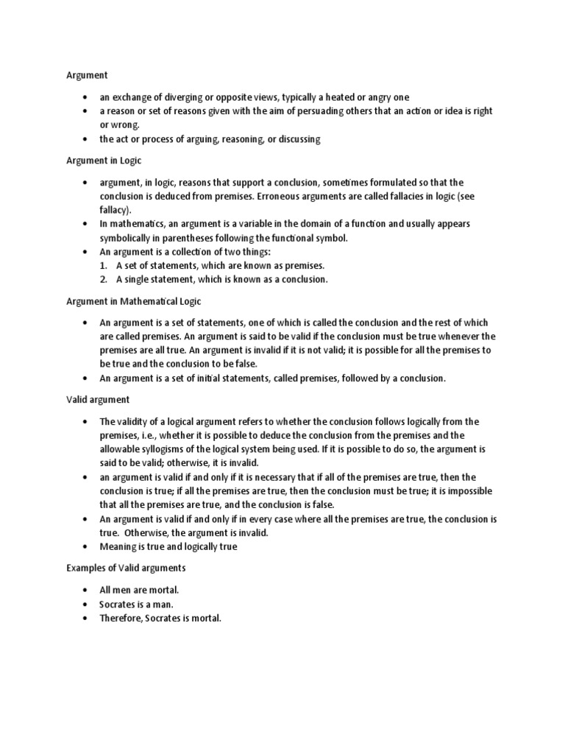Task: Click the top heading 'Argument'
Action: click(x=88, y=75)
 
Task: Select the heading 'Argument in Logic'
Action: click(x=103, y=161)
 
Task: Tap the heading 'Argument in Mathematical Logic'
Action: click(x=132, y=301)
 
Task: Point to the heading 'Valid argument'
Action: click(x=98, y=399)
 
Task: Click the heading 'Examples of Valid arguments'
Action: click(x=127, y=568)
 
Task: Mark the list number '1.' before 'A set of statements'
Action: click(x=105, y=265)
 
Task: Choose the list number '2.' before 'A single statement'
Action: click(x=105, y=279)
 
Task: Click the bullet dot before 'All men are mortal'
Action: click(x=86, y=591)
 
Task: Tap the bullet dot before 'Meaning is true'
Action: click(x=86, y=547)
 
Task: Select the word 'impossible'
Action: click(x=467, y=491)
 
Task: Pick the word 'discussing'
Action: click(x=296, y=139)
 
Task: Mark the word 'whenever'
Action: click(x=448, y=337)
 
